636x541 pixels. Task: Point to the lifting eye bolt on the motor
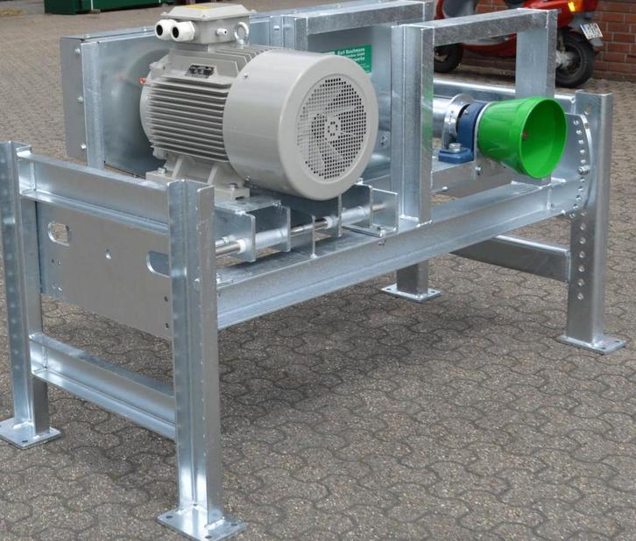pyautogui.click(x=242, y=33)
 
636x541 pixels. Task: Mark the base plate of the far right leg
pyautogui.click(x=592, y=341)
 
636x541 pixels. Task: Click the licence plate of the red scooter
pyautogui.click(x=591, y=32)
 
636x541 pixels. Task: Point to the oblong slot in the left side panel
pyautogui.click(x=59, y=233)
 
